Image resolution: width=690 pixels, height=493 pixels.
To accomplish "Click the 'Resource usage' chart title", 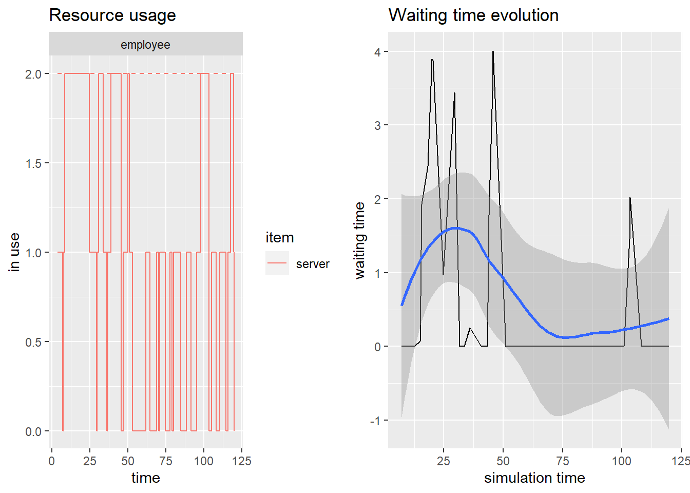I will tap(112, 15).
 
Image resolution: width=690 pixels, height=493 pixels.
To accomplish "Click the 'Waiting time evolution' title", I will tap(473, 15).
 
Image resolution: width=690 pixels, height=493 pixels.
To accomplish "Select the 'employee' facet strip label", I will tap(145, 45).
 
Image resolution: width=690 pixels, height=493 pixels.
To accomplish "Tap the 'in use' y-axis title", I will tap(14, 252).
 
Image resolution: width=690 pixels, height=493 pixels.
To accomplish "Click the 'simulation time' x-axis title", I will tap(534, 478).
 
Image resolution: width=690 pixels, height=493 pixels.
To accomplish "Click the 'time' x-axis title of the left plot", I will tap(146, 478).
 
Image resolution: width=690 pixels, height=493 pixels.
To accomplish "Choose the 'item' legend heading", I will tap(280, 238).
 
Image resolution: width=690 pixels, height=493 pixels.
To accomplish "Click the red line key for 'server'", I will tap(277, 263).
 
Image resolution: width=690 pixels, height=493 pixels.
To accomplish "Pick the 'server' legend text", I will tap(313, 264).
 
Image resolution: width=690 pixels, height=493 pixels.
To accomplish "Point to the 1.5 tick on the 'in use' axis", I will tap(33, 163).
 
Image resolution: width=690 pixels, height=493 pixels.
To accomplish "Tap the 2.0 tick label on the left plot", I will tap(33, 74).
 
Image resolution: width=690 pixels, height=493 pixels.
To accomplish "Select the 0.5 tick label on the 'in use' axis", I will tap(33, 342).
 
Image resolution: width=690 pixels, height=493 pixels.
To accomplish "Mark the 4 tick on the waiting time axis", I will tap(378, 52).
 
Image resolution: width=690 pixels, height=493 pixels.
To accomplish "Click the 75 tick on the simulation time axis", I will tap(563, 461).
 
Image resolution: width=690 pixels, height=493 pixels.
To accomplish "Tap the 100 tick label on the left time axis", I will tap(204, 461).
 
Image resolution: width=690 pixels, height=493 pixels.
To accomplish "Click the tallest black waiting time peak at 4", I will tap(493, 52).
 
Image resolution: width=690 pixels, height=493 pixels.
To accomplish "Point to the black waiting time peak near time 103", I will tap(630, 198).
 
